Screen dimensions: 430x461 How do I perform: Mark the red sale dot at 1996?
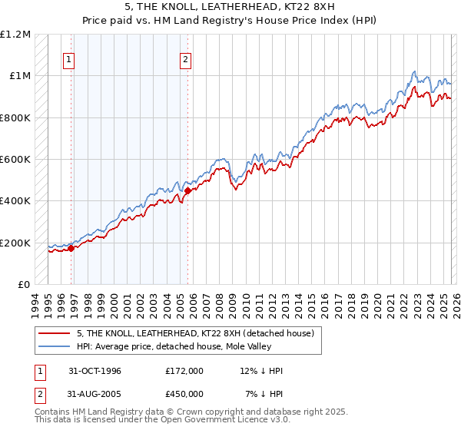71,249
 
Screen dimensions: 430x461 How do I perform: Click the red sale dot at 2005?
187,190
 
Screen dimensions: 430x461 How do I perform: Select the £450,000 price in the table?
184,394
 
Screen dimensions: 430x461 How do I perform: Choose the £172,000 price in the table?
184,371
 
